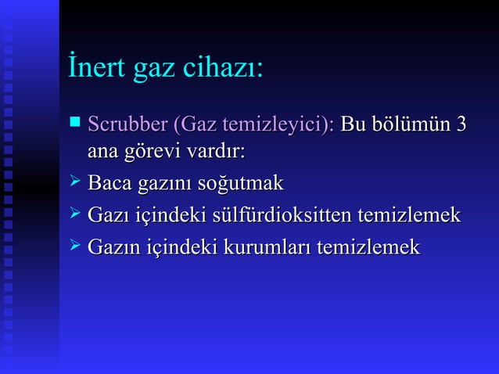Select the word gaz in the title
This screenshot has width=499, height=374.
(x=156, y=70)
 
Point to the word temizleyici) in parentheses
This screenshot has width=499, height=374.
(x=278, y=125)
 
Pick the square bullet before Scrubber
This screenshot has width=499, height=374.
(x=75, y=122)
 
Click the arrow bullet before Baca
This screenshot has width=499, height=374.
(x=75, y=183)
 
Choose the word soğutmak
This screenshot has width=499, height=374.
(x=240, y=185)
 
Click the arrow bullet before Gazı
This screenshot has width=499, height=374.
(x=75, y=214)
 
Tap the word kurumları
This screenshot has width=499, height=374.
(x=267, y=247)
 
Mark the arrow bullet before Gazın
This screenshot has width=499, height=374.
(x=75, y=246)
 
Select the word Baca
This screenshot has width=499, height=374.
(x=109, y=184)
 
